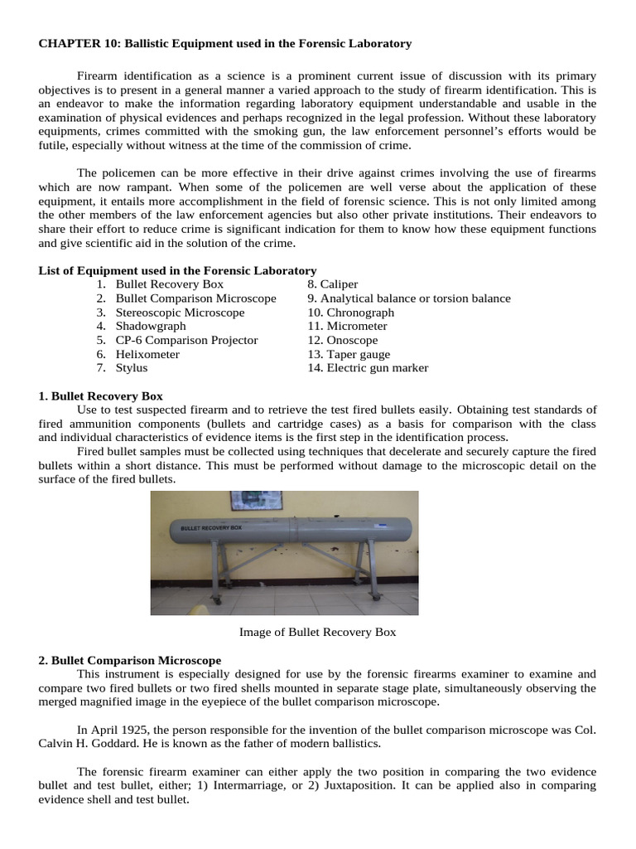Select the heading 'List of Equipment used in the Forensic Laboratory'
coord(177,270)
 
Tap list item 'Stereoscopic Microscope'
coord(180,313)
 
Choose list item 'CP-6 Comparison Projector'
coord(186,340)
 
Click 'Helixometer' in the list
coord(147,354)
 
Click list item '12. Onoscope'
coord(342,340)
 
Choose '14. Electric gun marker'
coord(368,367)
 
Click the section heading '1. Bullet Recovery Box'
coord(100,396)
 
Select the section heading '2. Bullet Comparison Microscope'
coord(129,660)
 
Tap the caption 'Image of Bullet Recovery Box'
coord(317,632)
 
